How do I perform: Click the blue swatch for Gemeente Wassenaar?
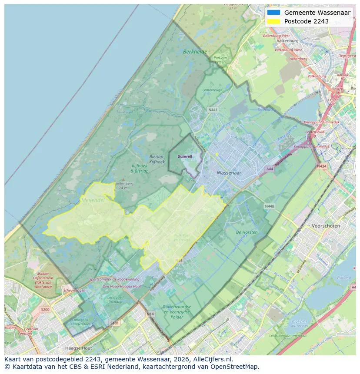pyautogui.click(x=273, y=13)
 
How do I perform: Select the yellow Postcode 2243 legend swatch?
pyautogui.click(x=273, y=21)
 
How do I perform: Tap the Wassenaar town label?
pyautogui.click(x=229, y=172)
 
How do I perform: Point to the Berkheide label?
pyautogui.click(x=195, y=51)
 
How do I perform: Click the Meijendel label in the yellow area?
pyautogui.click(x=93, y=200)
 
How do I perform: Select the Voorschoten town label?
pyautogui.click(x=326, y=226)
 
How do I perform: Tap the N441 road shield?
pyautogui.click(x=213, y=110)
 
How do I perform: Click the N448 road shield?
pyautogui.click(x=270, y=206)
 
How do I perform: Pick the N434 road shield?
pyautogui.click(x=321, y=166)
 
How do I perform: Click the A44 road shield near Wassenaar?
pyautogui.click(x=270, y=169)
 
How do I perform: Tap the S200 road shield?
pyautogui.click(x=45, y=309)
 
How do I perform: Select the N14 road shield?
pyautogui.click(x=150, y=314)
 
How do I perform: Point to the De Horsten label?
pyautogui.click(x=247, y=232)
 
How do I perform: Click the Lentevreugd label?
pyautogui.click(x=213, y=90)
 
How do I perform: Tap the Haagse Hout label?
pyautogui.click(x=78, y=348)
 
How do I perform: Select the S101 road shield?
pyautogui.click(x=114, y=323)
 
